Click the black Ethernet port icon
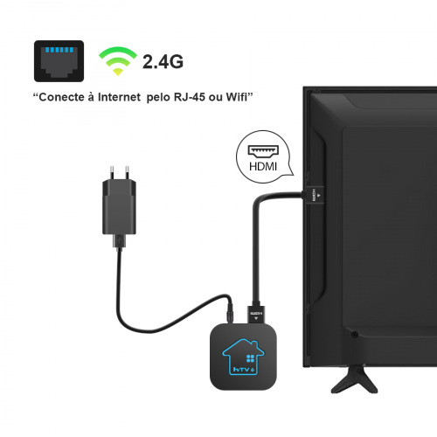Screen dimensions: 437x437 [59, 61]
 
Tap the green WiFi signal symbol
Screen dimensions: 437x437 [118, 61]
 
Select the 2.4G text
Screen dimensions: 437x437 [163, 62]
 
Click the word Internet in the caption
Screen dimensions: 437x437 [119, 97]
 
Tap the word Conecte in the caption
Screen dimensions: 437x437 [61, 97]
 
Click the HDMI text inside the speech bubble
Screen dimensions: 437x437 [263, 167]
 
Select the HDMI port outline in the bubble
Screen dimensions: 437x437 [263, 150]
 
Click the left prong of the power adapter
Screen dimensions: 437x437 [112, 173]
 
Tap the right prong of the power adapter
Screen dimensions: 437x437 [127, 173]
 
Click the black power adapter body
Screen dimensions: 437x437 [119, 207]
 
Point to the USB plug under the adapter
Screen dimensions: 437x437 [119, 241]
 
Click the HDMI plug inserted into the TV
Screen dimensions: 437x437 [315, 195]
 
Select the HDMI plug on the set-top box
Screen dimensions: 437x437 [256, 315]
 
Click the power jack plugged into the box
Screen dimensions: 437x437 [230, 313]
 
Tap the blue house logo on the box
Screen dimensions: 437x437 [243, 357]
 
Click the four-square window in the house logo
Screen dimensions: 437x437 [250, 358]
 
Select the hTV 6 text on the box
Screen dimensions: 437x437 [244, 370]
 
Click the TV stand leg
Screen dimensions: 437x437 [354, 379]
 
